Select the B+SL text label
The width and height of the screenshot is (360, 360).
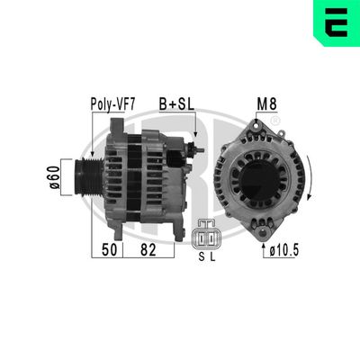tap(177, 103)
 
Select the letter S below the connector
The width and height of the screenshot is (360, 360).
tap(200, 256)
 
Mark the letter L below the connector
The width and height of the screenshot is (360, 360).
tap(212, 256)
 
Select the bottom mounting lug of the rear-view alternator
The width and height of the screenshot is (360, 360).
tap(258, 223)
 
